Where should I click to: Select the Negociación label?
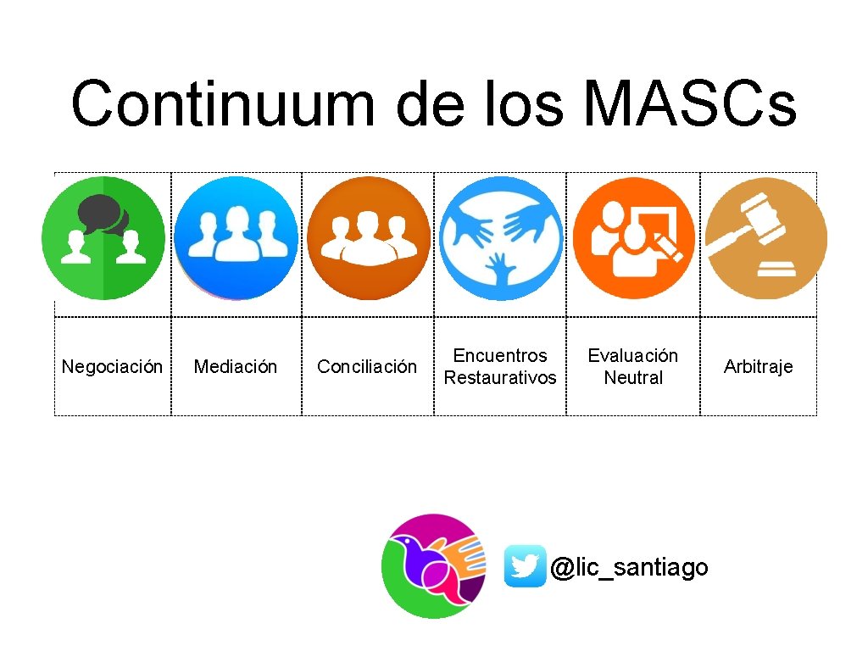pos(112,367)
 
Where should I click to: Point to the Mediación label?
pos(236,367)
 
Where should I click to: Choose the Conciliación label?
pos(367,367)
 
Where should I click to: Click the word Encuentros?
pos(500,356)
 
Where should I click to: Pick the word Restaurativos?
pos(500,378)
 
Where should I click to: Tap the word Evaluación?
pos(632,356)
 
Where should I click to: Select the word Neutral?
pos(632,378)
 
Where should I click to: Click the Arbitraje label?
pos(758,367)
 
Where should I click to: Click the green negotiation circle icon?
pos(103,238)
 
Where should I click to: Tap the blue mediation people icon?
pos(236,238)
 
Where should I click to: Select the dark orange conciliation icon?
pos(368,238)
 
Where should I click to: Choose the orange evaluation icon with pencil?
pos(634,238)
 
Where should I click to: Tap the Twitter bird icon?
pos(525,566)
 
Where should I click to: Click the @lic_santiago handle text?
pos(628,566)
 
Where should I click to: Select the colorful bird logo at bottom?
pos(433,565)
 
